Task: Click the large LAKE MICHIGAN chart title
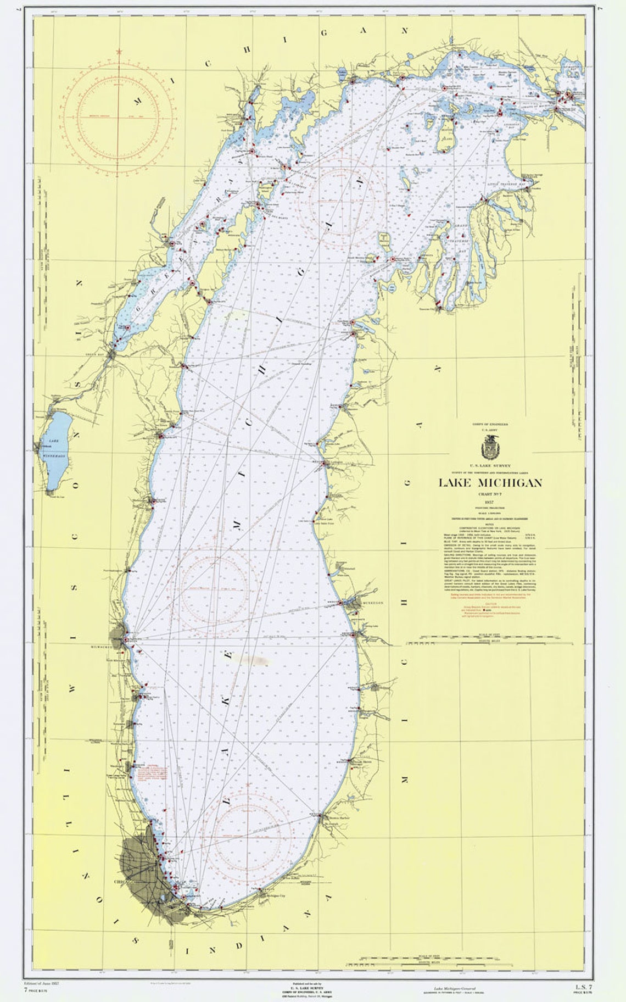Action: pyautogui.click(x=490, y=482)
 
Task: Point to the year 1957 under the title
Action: pyautogui.click(x=489, y=503)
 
